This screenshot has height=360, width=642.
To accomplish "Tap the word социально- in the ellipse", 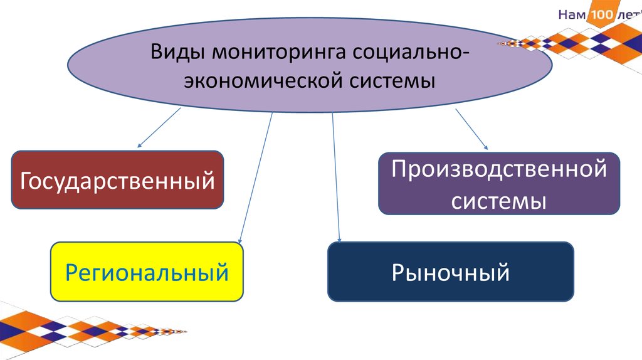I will [409, 51].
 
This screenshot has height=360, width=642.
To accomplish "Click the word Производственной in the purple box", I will [499, 169].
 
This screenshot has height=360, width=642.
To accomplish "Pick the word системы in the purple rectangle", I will [499, 201].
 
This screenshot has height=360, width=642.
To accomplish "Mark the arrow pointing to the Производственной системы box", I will [471, 129].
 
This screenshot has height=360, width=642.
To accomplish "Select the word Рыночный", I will [450, 273].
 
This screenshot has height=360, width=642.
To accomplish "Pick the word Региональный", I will [147, 273].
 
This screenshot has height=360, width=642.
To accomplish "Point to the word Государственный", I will [118, 181].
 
